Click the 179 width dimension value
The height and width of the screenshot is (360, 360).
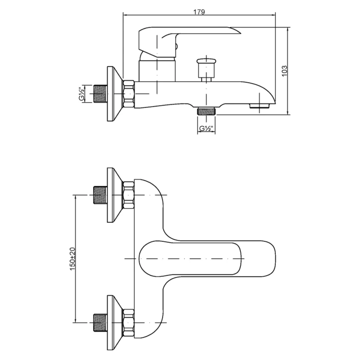click(199, 12)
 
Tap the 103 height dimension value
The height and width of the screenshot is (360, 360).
click(284, 71)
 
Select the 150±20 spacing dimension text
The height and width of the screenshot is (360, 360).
click(73, 259)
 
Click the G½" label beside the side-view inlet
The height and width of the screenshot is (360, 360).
click(81, 94)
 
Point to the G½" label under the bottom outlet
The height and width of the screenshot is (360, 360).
click(206, 128)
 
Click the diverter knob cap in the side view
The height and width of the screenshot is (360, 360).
click(206, 61)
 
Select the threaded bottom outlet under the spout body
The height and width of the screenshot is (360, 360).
click(206, 110)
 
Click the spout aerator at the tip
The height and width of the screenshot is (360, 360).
click(260, 106)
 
